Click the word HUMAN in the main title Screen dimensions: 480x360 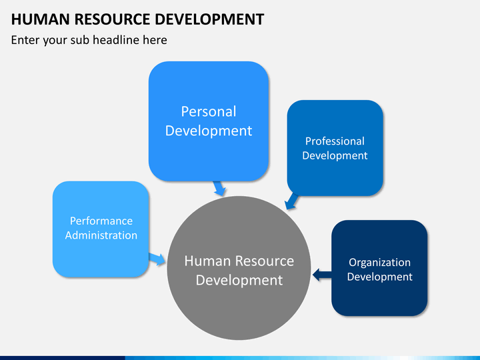pyautogui.click(x=41, y=19)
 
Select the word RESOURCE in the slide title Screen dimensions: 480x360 pyautogui.click(x=112, y=19)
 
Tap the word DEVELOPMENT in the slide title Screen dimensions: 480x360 pyautogui.click(x=209, y=19)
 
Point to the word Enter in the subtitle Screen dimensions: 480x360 pyautogui.click(x=25, y=40)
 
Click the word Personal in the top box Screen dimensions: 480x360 pyautogui.click(x=209, y=111)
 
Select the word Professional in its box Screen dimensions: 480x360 pyautogui.click(x=335, y=141)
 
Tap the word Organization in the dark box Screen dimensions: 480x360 pyautogui.click(x=379, y=263)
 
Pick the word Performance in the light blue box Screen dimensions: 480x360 pyautogui.click(x=101, y=221)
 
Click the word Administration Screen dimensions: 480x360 pyautogui.click(x=101, y=235)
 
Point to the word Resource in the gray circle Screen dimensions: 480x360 pyautogui.click(x=265, y=261)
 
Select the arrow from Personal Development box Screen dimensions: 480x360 pyautogui.click(x=219, y=188)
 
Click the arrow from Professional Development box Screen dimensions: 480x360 pyautogui.click(x=291, y=201)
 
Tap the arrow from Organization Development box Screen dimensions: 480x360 pyautogui.click(x=322, y=275)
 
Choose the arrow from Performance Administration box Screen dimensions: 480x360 pyautogui.click(x=157, y=259)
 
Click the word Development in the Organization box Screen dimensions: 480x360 pyautogui.click(x=379, y=277)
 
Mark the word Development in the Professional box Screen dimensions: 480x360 pyautogui.click(x=335, y=156)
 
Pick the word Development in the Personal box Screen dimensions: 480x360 pyautogui.click(x=209, y=131)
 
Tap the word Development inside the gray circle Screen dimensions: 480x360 pyautogui.click(x=239, y=281)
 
